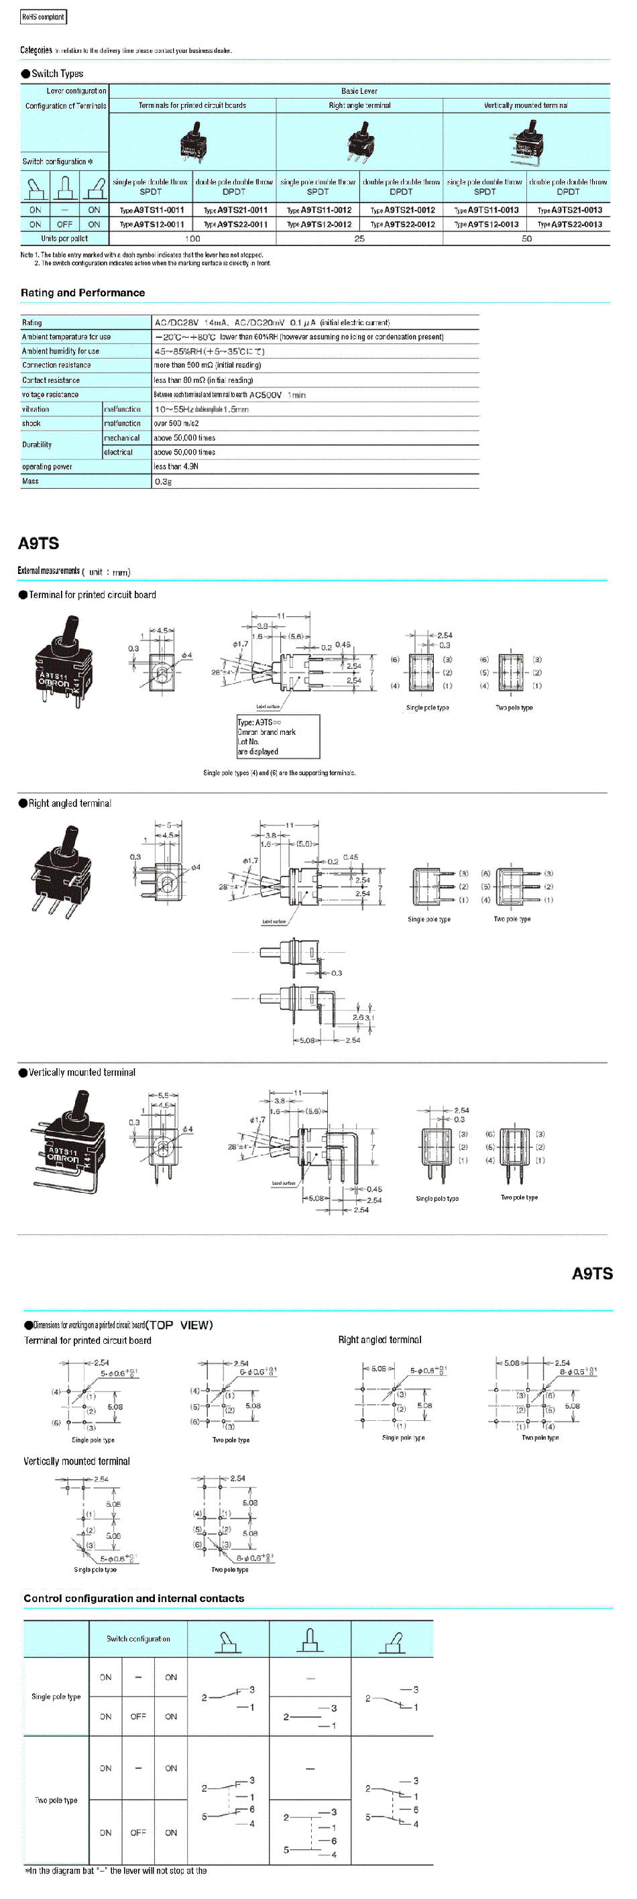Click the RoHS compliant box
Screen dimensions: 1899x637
[x=43, y=16]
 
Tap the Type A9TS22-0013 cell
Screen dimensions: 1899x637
[x=569, y=224]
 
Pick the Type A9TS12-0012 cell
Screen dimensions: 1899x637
[x=318, y=224]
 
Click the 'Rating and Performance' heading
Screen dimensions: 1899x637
[x=82, y=292]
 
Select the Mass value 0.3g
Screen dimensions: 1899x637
[x=163, y=481]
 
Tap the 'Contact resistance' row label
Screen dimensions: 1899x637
[x=51, y=380]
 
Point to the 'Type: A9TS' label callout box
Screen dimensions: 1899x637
[x=278, y=736]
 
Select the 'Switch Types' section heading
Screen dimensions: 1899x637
[x=57, y=74]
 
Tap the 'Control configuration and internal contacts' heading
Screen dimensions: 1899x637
[x=133, y=1598]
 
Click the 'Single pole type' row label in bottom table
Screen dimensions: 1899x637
[x=56, y=1697]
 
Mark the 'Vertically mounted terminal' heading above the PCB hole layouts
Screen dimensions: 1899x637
[x=76, y=1461]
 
